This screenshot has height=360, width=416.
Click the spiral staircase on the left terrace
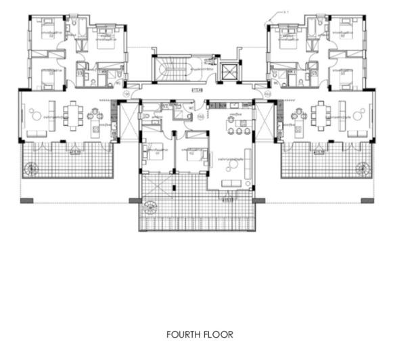[x=31, y=169]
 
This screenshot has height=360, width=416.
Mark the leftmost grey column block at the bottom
[x=26, y=200]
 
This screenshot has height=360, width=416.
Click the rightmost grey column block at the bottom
[x=367, y=200]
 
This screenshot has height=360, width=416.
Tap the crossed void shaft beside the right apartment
[x=265, y=122]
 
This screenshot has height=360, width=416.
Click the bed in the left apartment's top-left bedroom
[x=47, y=32]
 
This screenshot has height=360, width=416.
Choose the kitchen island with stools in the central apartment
[x=238, y=126]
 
